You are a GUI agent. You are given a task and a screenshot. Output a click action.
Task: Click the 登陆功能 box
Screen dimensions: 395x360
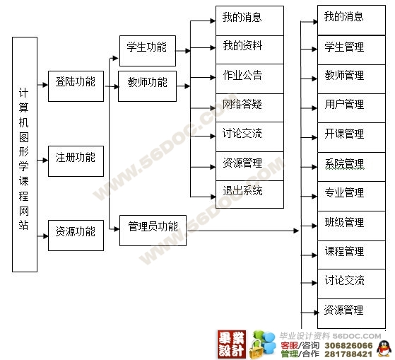(x=76, y=86)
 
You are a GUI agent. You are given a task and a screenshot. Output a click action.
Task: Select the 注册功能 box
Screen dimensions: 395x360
(x=76, y=161)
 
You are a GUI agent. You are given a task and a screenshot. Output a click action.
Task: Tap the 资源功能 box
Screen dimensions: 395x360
(x=76, y=236)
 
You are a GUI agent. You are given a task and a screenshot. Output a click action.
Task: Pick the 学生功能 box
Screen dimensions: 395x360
(x=148, y=51)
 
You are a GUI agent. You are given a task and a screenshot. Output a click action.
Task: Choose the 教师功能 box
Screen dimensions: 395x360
(x=148, y=86)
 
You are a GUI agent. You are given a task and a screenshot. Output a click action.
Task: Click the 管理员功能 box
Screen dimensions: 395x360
(x=153, y=231)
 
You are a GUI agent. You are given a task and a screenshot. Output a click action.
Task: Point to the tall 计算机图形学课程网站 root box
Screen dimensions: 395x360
(x=25, y=154)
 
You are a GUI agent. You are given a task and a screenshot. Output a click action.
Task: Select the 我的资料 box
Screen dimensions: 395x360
(x=249, y=50)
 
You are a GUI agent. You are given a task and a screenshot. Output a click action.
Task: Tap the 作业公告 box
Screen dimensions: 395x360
(x=249, y=79)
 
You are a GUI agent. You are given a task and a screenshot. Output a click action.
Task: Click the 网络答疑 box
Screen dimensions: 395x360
(x=249, y=108)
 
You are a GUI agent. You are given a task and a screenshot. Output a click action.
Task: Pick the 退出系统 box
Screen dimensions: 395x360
(x=249, y=194)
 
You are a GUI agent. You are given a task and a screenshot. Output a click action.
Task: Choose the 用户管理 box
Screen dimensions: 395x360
(x=351, y=108)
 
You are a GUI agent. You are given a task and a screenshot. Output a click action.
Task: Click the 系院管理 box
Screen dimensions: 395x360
(x=351, y=167)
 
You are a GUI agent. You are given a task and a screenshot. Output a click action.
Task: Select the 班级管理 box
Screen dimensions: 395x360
(x=351, y=226)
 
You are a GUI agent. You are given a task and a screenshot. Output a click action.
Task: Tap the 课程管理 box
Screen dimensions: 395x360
(x=351, y=255)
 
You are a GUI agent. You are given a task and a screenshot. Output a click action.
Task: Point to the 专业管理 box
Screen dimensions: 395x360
(x=351, y=196)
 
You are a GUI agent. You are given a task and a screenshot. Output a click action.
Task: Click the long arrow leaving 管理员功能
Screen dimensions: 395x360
(x=243, y=231)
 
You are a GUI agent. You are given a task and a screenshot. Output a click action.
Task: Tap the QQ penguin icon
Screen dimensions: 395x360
(x=384, y=349)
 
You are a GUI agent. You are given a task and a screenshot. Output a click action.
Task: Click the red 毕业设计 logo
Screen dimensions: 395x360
(x=232, y=344)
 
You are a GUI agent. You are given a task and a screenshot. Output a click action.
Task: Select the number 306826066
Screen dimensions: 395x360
(x=348, y=345)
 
